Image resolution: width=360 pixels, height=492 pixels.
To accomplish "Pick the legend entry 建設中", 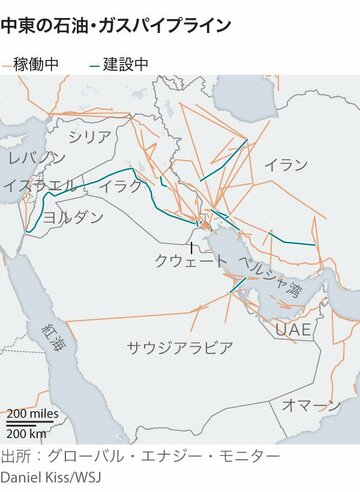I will tap(126, 64).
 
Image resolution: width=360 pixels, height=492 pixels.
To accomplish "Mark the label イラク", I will tap(122, 187).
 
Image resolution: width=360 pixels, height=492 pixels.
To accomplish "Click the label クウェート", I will tap(190, 260).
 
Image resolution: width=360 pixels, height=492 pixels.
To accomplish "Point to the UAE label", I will tap(295, 330).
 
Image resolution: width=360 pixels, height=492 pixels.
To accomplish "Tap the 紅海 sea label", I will tap(50, 336).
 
